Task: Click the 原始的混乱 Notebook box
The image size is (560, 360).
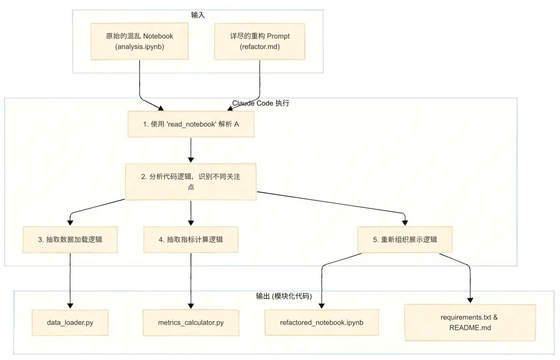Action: (x=139, y=41)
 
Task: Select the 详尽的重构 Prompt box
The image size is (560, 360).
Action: (x=260, y=41)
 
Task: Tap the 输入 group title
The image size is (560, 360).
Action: (x=198, y=15)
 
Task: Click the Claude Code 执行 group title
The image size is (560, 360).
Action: (x=261, y=103)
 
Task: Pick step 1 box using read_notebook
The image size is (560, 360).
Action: (x=191, y=124)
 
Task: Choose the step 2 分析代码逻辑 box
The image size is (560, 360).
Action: (x=191, y=182)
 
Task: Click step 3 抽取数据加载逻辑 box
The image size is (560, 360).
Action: (x=70, y=239)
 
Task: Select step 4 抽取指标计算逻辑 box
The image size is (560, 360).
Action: (x=191, y=239)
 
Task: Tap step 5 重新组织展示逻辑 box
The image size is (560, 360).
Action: (x=405, y=239)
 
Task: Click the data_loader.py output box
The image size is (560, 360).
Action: (x=70, y=322)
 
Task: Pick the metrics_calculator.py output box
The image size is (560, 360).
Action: (x=191, y=322)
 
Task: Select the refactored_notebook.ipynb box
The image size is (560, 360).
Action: (x=321, y=322)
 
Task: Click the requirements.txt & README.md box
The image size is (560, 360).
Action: (x=469, y=322)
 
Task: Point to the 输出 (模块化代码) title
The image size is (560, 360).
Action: (x=283, y=296)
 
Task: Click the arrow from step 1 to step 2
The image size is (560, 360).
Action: (x=191, y=150)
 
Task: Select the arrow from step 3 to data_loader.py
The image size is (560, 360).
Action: (x=70, y=280)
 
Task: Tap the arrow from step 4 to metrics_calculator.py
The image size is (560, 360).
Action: (x=191, y=280)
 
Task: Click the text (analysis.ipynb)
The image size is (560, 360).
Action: (x=139, y=47)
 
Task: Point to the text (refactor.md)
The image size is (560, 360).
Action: (x=260, y=47)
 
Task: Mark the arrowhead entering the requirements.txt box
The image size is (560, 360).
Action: (x=470, y=300)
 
